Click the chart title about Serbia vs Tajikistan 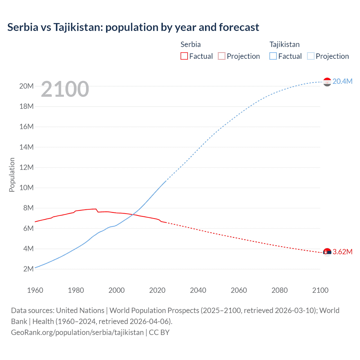click(133, 27)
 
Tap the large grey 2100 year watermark click(65, 89)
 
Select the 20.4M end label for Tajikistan click(342, 81)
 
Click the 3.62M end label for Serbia click(342, 252)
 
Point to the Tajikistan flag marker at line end click(327, 82)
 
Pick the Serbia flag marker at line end click(327, 252)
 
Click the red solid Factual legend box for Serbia click(184, 56)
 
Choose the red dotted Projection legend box click(222, 56)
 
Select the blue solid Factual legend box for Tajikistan click(273, 56)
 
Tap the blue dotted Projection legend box click(310, 56)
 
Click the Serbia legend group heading click(190, 44)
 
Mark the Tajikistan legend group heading click(284, 44)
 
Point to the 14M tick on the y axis click(26, 147)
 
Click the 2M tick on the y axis click(28, 269)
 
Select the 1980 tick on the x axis click(76, 290)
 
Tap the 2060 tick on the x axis click(239, 290)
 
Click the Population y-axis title click(12, 175)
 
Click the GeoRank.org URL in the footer click(77, 332)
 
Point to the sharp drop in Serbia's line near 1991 click(97, 211)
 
